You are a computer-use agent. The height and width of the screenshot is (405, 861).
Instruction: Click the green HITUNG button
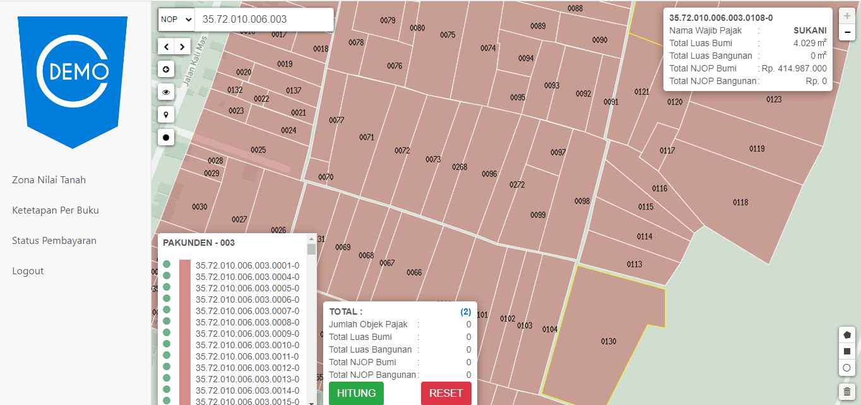click(356, 393)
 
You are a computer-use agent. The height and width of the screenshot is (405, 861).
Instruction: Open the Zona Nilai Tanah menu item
click(49, 180)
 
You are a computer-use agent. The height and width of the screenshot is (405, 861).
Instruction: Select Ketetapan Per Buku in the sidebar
click(56, 210)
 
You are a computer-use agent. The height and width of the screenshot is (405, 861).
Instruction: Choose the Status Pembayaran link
click(54, 241)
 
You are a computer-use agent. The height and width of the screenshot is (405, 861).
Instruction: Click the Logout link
click(28, 271)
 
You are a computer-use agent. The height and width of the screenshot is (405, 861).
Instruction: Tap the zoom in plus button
click(847, 16)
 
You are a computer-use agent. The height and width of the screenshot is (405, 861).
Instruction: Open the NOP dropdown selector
click(176, 20)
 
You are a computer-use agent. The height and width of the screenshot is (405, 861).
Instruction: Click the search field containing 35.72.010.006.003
click(264, 20)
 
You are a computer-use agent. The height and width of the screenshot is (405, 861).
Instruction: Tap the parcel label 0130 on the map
click(609, 342)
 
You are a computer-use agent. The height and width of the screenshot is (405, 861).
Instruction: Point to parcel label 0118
click(740, 202)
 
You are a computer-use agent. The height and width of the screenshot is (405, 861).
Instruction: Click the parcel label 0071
click(367, 137)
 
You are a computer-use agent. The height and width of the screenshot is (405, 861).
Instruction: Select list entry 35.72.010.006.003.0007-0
click(247, 311)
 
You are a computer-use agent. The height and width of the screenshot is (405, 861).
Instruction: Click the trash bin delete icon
click(847, 392)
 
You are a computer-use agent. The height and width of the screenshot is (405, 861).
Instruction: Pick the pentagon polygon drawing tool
click(847, 335)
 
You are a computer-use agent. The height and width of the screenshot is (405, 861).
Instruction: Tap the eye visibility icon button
click(167, 92)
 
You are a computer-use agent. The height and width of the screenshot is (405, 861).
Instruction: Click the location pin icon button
click(167, 114)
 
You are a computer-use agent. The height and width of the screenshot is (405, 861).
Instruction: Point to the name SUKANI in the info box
click(810, 30)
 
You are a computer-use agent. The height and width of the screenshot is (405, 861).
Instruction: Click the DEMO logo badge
click(73, 76)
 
